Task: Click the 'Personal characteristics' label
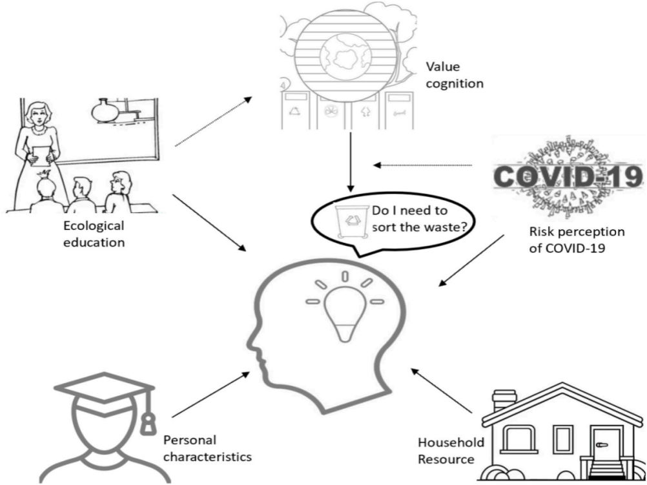click(207, 448)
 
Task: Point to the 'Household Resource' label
click(447, 451)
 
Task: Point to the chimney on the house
click(504, 400)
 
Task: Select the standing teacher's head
click(36, 114)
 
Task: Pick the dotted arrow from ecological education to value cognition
click(214, 121)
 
